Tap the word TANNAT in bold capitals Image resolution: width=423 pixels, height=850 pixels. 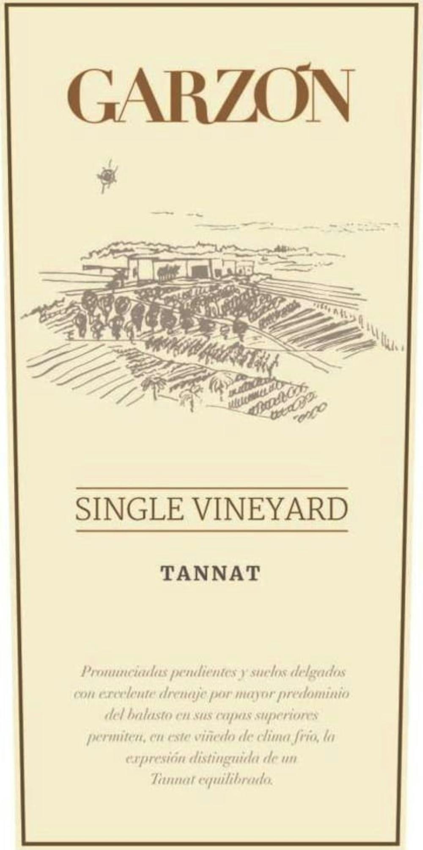click(x=210, y=574)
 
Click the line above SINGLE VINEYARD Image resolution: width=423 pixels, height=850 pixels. click(x=211, y=489)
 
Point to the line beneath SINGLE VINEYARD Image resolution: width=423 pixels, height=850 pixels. click(x=211, y=531)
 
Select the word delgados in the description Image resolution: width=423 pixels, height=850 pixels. click(x=321, y=672)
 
